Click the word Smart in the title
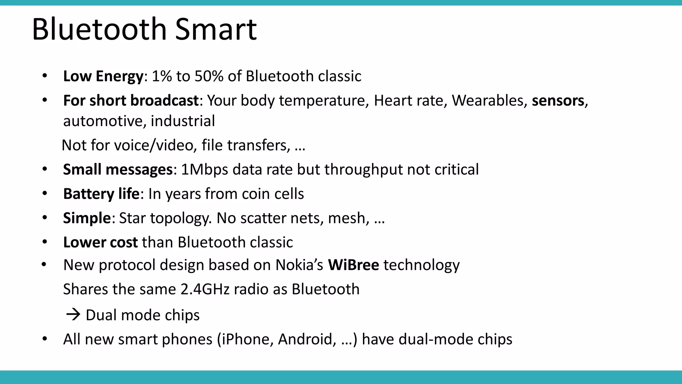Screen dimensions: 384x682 click(216, 29)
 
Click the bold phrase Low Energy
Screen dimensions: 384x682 click(103, 76)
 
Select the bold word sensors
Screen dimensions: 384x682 click(558, 101)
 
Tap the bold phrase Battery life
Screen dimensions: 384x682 click(101, 194)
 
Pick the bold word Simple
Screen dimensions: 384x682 click(87, 218)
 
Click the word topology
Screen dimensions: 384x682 click(180, 218)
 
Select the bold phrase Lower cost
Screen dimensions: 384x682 click(100, 242)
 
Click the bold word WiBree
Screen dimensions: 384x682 click(353, 265)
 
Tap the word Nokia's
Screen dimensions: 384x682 click(299, 265)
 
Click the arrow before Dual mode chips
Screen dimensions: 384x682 click(73, 315)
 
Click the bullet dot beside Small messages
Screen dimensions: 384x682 click(45, 169)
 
